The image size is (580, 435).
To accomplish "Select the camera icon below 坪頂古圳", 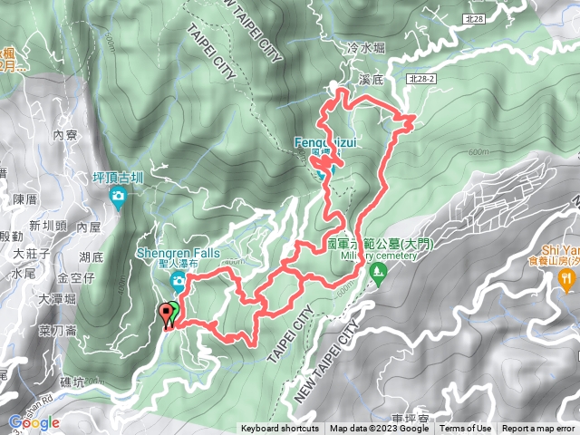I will pos(118,196).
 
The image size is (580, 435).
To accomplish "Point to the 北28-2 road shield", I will pos(422,80).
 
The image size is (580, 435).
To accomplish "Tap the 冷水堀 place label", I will pos(364,47).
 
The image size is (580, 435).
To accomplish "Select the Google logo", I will pos(34,422).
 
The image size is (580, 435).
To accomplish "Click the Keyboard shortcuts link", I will pos(280,429).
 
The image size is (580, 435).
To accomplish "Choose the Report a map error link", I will pos(538,429).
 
